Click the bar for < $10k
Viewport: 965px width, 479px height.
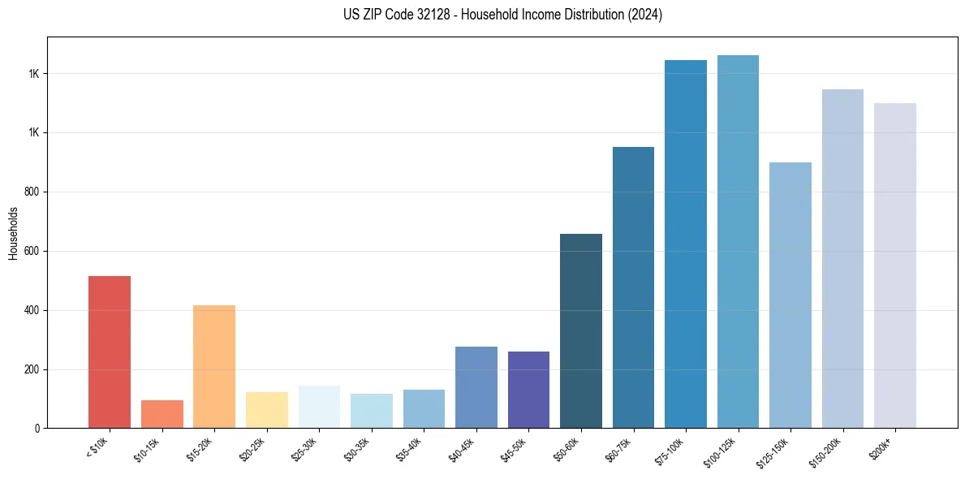pos(110,352)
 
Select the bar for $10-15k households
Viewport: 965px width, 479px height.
pos(162,414)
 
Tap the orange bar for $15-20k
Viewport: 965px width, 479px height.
pos(214,366)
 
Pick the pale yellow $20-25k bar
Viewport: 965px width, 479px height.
pos(266,410)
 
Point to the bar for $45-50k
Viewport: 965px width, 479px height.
pos(528,390)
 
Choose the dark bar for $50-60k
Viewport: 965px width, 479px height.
pos(581,330)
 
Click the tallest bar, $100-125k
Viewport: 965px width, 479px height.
pos(738,241)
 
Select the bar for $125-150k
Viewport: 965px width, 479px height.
pos(791,295)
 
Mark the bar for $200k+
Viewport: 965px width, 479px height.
pos(895,265)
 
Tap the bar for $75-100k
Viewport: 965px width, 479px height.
pos(686,244)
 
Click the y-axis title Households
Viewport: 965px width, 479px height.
pos(13,232)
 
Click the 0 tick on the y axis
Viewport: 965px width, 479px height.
pos(37,429)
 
